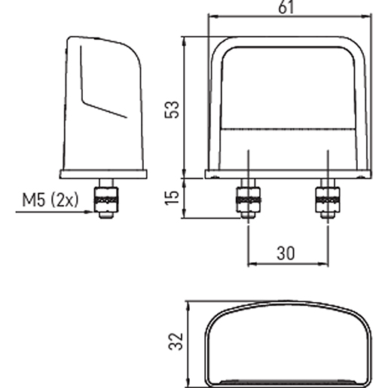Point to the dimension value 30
point(286,254)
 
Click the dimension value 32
point(174,343)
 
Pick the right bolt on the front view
point(326,199)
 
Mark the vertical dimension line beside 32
point(188,344)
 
